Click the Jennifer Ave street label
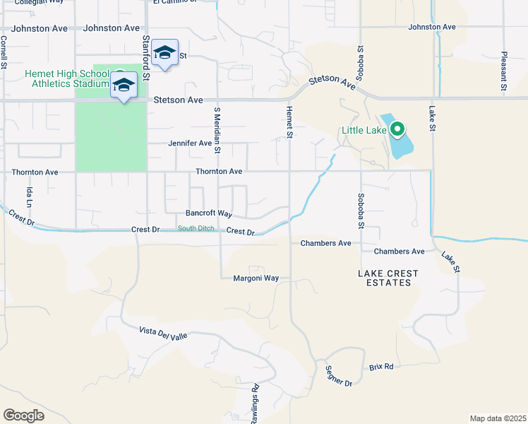pos(190,143)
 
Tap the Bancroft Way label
pos(209,213)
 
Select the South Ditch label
pos(196,228)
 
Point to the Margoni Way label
pos(256,278)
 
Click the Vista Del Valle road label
pos(163,334)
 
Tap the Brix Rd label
pos(381,367)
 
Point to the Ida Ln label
pos(30,196)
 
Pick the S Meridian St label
pos(217,131)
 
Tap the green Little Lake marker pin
pos(397,129)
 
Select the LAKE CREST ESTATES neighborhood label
pos(388,278)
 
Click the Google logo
pos(24,416)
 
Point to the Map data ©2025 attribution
pos(498,418)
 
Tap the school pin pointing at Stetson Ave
pos(124,86)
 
